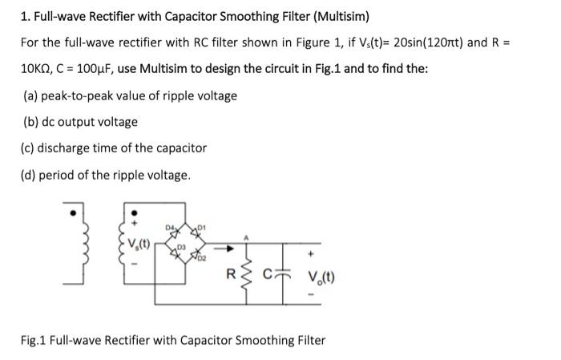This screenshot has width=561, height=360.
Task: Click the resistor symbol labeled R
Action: [x=247, y=278]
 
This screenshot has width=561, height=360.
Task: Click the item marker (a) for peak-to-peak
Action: [x=32, y=95]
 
